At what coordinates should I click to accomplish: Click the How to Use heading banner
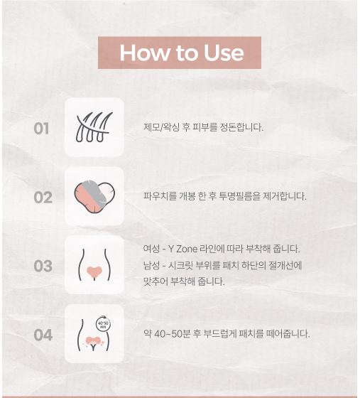click(x=180, y=53)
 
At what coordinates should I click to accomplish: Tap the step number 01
click(x=42, y=129)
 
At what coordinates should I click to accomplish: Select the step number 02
click(x=43, y=197)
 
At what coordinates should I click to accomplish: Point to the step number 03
click(x=43, y=266)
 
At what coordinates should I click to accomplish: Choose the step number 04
click(x=43, y=335)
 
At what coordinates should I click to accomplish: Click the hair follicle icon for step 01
click(x=94, y=128)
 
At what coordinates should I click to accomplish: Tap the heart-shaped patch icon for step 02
click(x=94, y=197)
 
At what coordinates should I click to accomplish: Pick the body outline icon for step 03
click(x=94, y=265)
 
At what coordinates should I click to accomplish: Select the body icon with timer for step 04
click(x=94, y=334)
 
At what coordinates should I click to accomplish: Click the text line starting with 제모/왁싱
click(x=203, y=128)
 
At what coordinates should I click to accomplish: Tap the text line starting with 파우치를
click(x=224, y=197)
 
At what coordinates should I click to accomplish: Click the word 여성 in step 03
click(x=151, y=249)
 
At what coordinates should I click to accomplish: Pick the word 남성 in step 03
click(x=151, y=266)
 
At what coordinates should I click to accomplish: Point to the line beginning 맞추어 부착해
click(x=183, y=281)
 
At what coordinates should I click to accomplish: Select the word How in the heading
click(x=141, y=53)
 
